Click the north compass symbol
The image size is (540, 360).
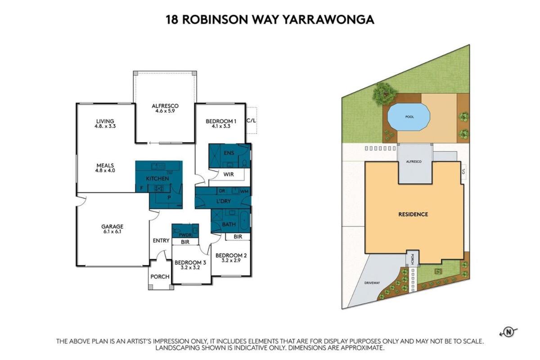(x=508, y=332)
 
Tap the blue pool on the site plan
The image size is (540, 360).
(x=409, y=117)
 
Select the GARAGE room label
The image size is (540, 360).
(x=112, y=226)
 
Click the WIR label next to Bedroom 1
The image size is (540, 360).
(x=228, y=174)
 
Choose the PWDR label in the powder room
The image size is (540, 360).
(x=185, y=235)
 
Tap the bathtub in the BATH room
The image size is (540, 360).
(x=245, y=220)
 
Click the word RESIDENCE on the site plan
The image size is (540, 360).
(x=413, y=214)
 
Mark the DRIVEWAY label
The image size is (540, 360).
(x=372, y=283)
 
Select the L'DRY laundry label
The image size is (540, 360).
(x=224, y=201)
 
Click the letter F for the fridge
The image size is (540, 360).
(x=142, y=189)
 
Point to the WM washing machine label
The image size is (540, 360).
(x=244, y=191)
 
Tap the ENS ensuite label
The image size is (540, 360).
(x=229, y=153)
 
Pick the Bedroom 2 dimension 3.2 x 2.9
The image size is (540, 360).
(x=231, y=261)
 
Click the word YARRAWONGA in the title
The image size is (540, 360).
(x=328, y=19)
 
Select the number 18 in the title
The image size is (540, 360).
(x=172, y=19)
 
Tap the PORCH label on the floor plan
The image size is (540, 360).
(x=160, y=277)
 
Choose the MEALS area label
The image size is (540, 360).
(x=105, y=166)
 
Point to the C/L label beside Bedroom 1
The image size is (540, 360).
(x=251, y=121)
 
